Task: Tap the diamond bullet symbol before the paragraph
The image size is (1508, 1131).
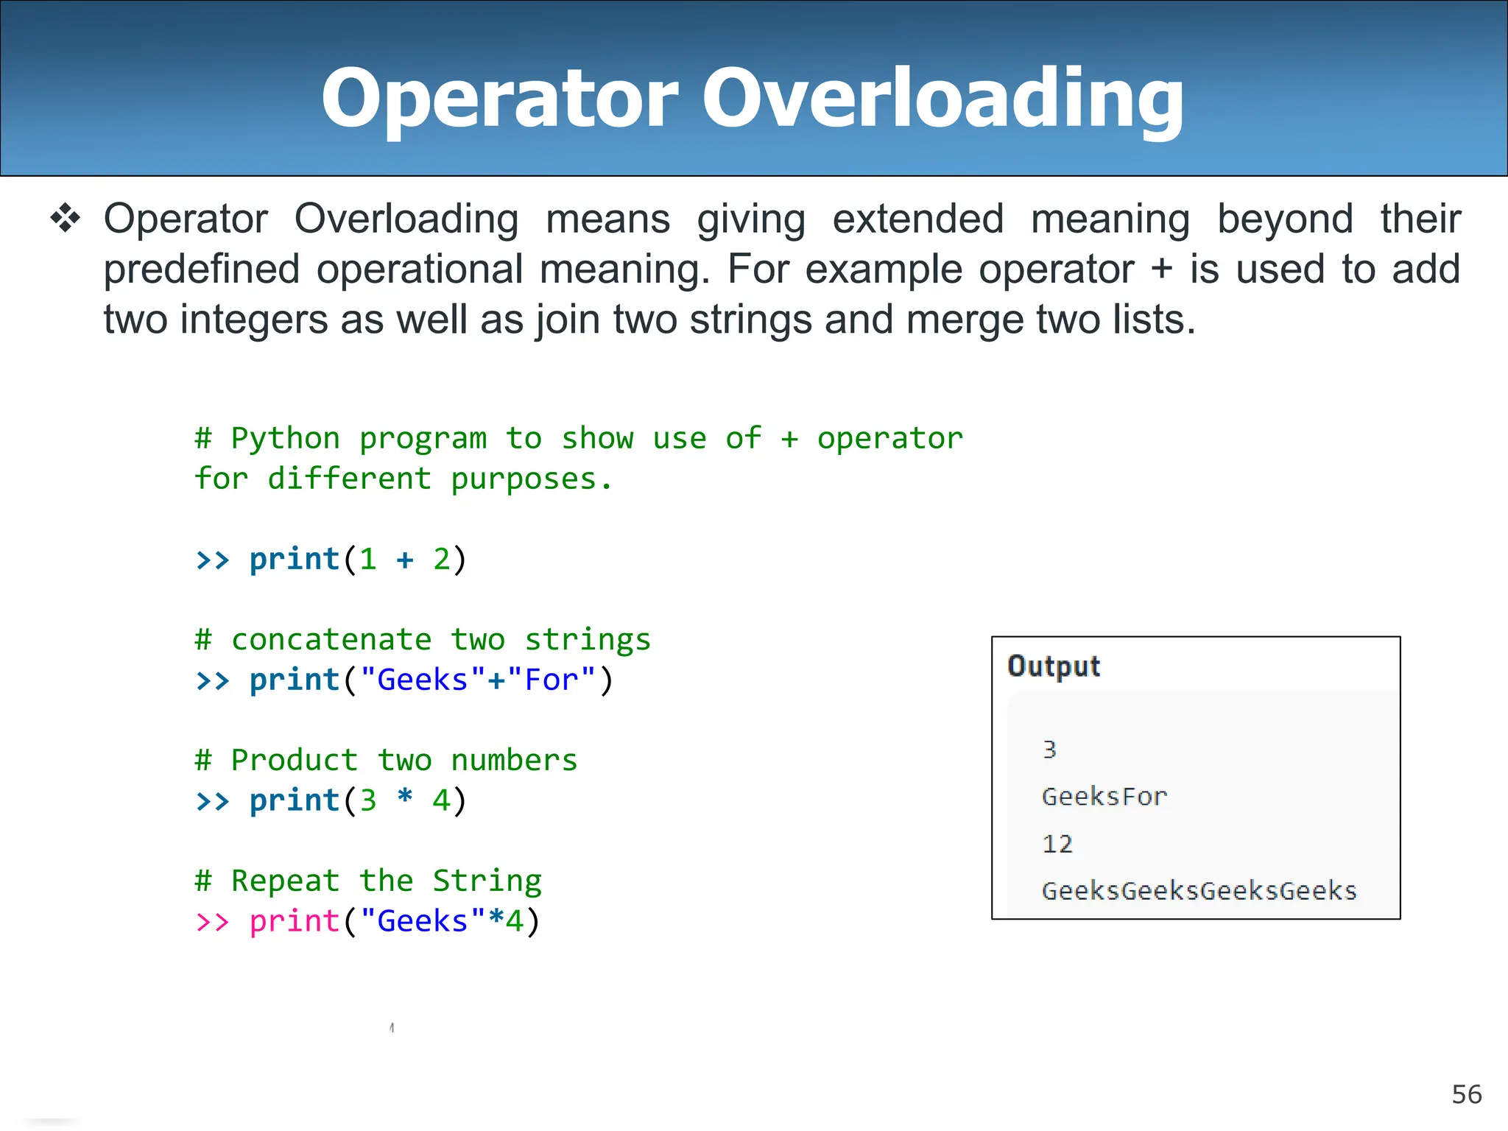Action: coord(66,219)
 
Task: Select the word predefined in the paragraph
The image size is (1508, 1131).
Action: coord(201,269)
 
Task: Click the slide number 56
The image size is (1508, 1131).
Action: coord(1466,1094)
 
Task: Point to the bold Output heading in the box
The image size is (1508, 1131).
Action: coord(1053,666)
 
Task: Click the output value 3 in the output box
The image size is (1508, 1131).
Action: coord(1049,750)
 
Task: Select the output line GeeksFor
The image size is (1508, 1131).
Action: coord(1104,797)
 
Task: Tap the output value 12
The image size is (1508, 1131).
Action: coord(1057,844)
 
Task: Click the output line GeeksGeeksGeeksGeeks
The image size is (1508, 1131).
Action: coord(1199,891)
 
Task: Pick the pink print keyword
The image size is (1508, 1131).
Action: coord(295,921)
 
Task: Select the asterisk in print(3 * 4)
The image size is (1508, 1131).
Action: coord(405,798)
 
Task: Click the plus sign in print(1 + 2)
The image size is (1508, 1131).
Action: coord(405,560)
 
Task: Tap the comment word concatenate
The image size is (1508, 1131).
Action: coord(331,639)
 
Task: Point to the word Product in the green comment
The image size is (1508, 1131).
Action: coord(295,760)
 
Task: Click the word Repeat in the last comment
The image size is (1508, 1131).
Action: coord(286,881)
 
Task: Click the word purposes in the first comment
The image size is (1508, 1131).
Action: coord(523,479)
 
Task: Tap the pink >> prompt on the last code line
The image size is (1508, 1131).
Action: coord(213,922)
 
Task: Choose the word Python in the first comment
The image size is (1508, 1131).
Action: coord(286,439)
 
